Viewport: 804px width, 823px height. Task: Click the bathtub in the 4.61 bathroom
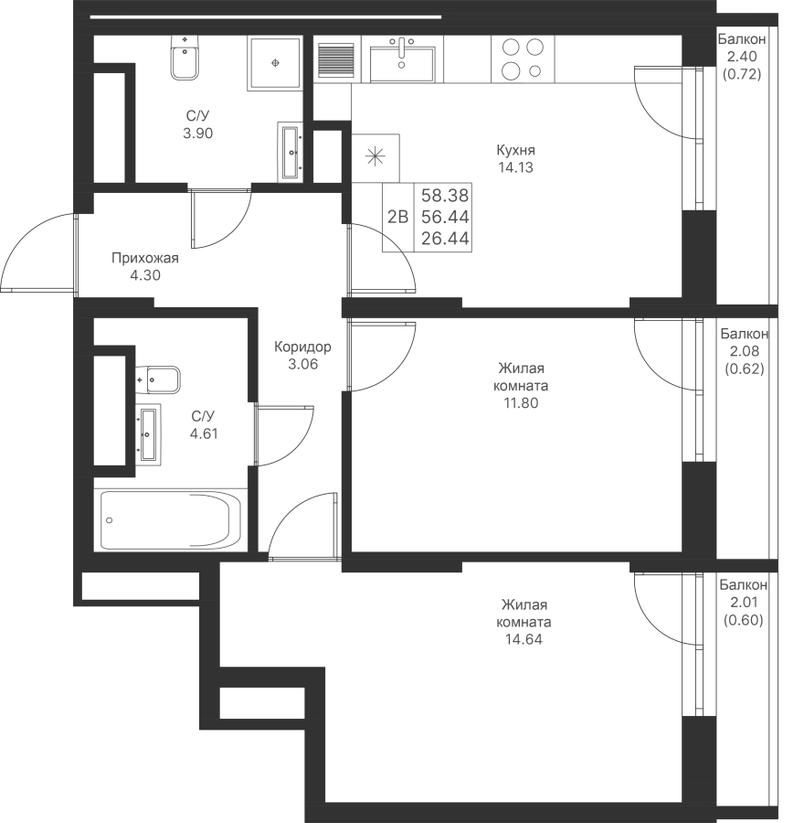click(171, 520)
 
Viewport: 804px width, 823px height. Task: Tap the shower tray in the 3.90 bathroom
click(275, 62)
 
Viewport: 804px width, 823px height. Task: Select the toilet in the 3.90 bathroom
click(185, 58)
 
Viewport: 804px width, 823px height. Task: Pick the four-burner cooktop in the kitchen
click(523, 59)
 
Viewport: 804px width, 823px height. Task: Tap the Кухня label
click(515, 151)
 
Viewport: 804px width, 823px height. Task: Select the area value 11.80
click(520, 403)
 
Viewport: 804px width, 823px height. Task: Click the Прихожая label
click(145, 258)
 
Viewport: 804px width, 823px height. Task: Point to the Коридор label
click(303, 347)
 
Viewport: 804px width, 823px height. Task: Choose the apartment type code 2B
click(397, 216)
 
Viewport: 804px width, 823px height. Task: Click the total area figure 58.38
click(445, 196)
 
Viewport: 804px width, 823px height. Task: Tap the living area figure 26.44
click(445, 239)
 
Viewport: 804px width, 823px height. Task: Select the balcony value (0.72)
click(742, 74)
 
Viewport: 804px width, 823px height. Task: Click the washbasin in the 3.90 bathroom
click(290, 152)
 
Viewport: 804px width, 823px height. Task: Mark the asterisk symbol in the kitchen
click(376, 157)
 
